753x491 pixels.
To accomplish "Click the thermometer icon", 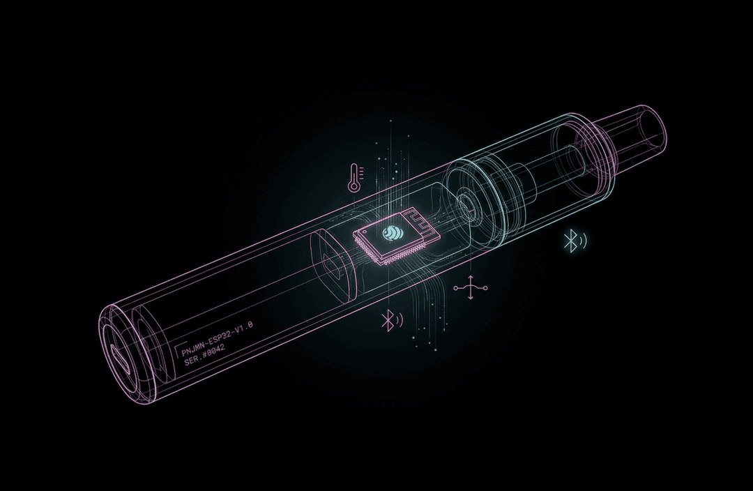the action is click(354, 177).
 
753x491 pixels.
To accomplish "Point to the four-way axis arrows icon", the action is click(471, 288).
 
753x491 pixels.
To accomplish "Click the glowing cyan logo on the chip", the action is click(391, 234).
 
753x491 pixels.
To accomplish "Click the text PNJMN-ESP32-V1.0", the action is click(217, 339).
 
